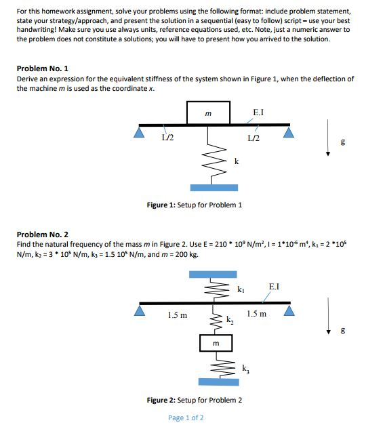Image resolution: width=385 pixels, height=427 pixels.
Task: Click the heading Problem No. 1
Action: [x=42, y=69]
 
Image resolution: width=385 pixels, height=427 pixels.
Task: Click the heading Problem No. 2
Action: [x=42, y=234]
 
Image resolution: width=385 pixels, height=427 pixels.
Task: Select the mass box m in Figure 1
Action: [x=209, y=112]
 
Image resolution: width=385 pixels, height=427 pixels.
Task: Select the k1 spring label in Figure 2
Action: [x=241, y=290]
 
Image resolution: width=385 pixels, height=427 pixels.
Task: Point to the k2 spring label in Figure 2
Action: [x=230, y=321]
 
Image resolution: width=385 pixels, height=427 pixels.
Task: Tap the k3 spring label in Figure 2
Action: [x=246, y=369]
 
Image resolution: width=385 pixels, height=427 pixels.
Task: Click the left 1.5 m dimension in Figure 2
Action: [x=178, y=314]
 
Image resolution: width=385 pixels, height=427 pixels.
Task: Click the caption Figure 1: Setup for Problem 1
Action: [x=195, y=205]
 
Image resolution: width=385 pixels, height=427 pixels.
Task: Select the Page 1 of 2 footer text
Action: [x=186, y=418]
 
